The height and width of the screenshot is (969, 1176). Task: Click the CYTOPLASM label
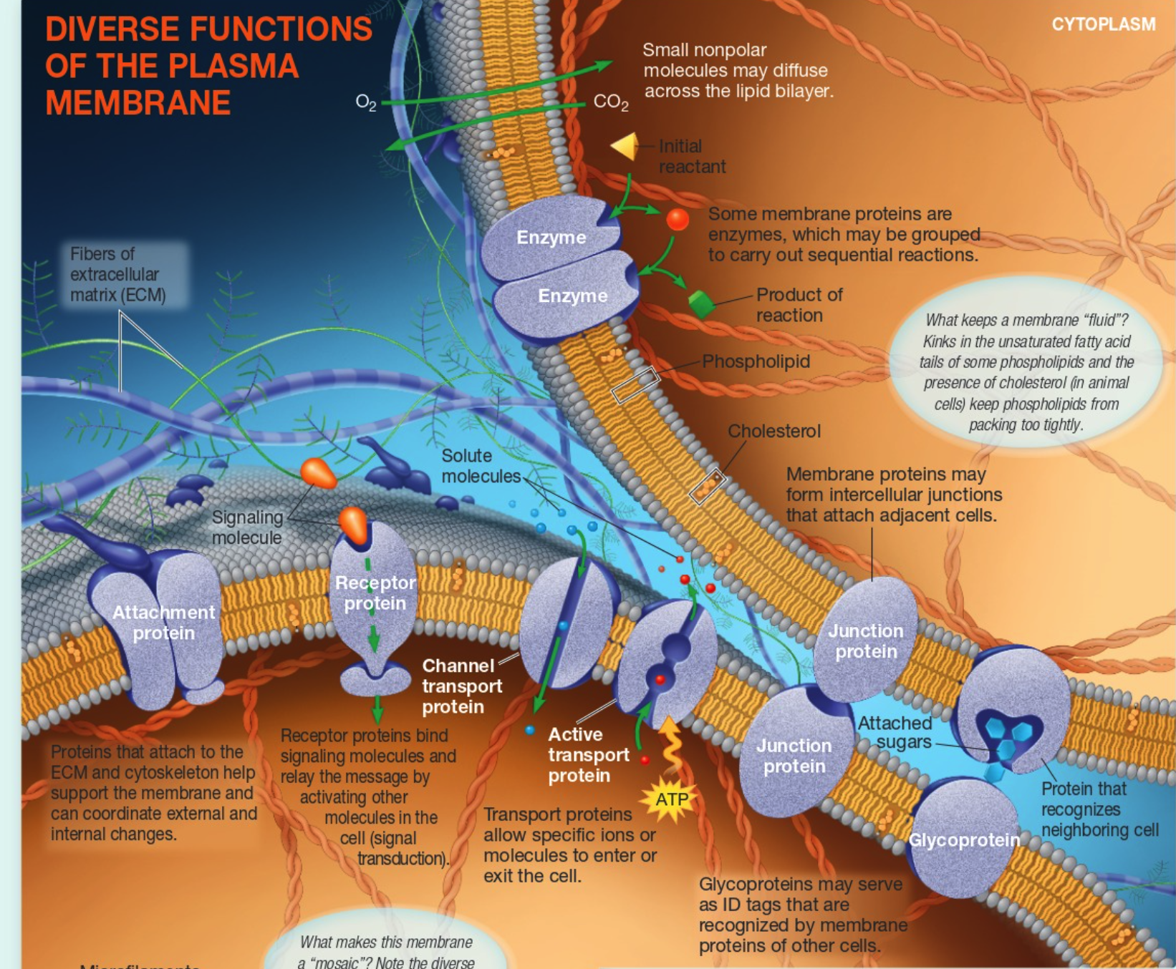pyautogui.click(x=1103, y=24)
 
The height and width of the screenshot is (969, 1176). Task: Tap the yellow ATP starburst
pyautogui.click(x=671, y=799)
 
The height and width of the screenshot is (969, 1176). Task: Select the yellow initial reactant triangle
pyautogui.click(x=625, y=146)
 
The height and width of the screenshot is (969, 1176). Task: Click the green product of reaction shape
pyautogui.click(x=701, y=303)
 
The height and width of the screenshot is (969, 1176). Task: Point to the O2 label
pyautogui.click(x=365, y=102)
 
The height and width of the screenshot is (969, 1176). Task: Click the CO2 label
pyautogui.click(x=610, y=102)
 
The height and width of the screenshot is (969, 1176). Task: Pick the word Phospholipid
pyautogui.click(x=756, y=361)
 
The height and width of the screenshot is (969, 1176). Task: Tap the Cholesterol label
pyautogui.click(x=773, y=432)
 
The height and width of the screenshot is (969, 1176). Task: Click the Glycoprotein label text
pyautogui.click(x=964, y=839)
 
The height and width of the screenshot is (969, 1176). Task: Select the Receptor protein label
pyautogui.click(x=375, y=593)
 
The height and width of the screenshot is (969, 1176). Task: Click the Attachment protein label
pyautogui.click(x=163, y=623)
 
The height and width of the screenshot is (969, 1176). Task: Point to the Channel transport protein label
pyautogui.click(x=461, y=686)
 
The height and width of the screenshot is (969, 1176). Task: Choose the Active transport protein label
pyautogui.click(x=588, y=755)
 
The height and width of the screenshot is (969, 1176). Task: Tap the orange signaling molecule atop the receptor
pyautogui.click(x=353, y=525)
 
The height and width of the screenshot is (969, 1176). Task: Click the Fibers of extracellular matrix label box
pyautogui.click(x=119, y=274)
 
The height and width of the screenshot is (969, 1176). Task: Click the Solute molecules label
pyautogui.click(x=481, y=466)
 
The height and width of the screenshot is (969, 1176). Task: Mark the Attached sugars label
pyautogui.click(x=895, y=733)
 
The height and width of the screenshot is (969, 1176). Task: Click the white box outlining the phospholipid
pyautogui.click(x=635, y=384)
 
